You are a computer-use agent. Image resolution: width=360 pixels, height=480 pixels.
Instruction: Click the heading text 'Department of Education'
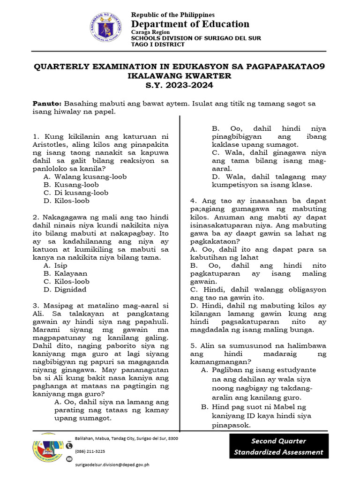pos(190,24)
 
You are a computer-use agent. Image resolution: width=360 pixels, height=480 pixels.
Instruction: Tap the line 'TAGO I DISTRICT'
pos(157,45)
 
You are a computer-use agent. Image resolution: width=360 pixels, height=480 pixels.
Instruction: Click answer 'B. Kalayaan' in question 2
pos(65,273)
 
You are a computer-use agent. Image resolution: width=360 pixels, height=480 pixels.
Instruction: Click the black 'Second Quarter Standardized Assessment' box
pos(279,446)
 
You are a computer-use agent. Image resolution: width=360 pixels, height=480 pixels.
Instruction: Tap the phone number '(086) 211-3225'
pos(90,451)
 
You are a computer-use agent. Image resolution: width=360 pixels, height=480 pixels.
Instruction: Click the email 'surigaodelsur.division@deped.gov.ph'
pos(112,465)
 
